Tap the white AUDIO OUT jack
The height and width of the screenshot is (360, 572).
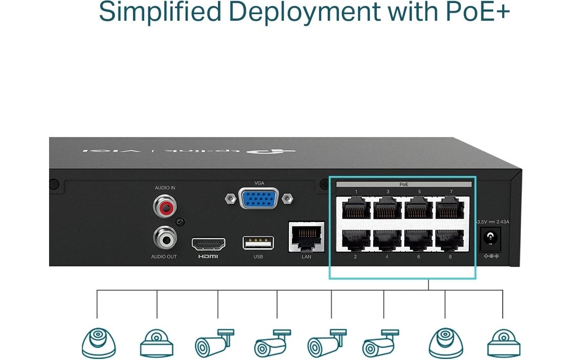coord(164,237)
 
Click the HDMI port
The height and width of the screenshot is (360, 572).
coord(208,244)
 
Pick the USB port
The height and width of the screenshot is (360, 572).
coord(258,243)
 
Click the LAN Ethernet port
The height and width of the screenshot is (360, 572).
coord(306,236)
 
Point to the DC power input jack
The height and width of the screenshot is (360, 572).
coord(490,239)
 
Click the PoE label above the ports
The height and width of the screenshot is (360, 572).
coord(404,185)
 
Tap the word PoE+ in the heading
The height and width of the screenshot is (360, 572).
coord(477,12)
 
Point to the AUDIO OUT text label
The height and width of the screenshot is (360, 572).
coord(164,257)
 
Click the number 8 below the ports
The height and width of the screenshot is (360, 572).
coord(450,257)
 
